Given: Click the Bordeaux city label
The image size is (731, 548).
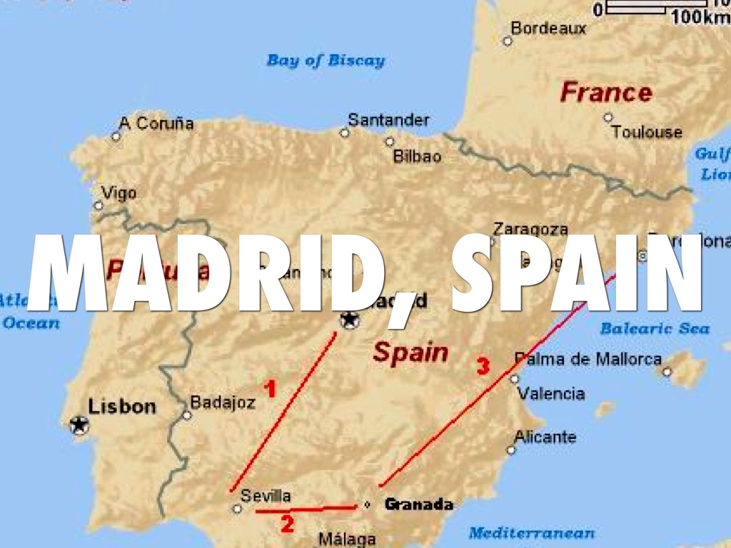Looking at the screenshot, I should [x=548, y=29].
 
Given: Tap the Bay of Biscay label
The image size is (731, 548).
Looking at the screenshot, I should [x=326, y=61].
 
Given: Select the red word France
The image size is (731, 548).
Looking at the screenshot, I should [x=606, y=92].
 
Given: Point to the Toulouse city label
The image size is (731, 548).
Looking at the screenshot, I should [x=647, y=132].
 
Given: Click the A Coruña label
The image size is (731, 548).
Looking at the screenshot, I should [x=156, y=123].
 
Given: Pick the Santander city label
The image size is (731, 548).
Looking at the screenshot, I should [x=389, y=120].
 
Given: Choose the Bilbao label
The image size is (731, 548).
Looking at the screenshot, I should [x=418, y=156].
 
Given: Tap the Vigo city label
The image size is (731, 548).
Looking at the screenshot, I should [x=119, y=193].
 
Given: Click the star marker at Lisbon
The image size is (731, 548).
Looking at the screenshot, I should [x=79, y=425].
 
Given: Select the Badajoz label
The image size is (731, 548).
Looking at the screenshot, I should [x=223, y=403].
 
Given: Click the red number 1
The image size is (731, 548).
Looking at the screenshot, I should [x=270, y=389].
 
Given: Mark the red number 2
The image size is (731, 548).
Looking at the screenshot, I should [x=287, y=524].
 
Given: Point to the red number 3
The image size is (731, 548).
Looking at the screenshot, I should [x=483, y=367].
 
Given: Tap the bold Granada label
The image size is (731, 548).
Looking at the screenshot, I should [x=419, y=504].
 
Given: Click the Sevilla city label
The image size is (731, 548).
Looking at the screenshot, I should [x=266, y=496].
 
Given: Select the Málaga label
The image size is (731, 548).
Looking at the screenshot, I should [x=347, y=539].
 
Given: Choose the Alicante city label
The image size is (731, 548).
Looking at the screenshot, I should [x=545, y=437].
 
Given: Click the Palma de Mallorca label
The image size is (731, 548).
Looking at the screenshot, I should [x=588, y=359].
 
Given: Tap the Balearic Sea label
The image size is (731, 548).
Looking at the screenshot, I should [x=655, y=328].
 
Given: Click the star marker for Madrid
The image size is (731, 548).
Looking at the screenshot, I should [x=350, y=320].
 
